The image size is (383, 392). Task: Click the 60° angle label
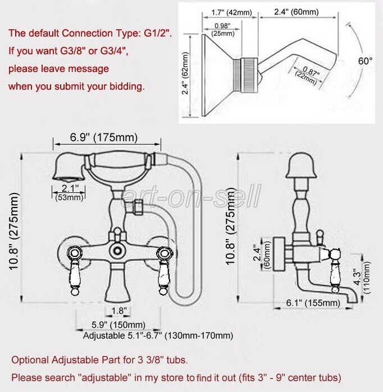tap(366, 61)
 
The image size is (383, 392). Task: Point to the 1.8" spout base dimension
tap(119, 310)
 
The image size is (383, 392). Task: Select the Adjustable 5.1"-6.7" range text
tap(158, 336)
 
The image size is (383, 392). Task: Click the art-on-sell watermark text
tap(193, 197)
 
